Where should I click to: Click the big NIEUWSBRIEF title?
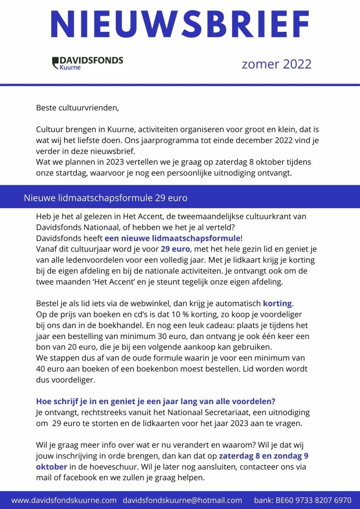click(180, 24)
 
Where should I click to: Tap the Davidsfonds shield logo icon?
click(55, 63)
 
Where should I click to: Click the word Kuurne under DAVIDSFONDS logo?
click(70, 68)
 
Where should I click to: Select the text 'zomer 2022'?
click(276, 64)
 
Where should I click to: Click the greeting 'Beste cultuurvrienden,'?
click(78, 107)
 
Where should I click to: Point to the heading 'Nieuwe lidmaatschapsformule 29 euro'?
click(105, 198)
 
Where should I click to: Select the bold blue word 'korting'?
click(278, 303)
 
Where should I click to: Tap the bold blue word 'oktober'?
click(52, 467)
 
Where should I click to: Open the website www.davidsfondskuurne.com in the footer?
click(64, 500)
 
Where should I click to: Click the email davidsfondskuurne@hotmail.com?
click(182, 500)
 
